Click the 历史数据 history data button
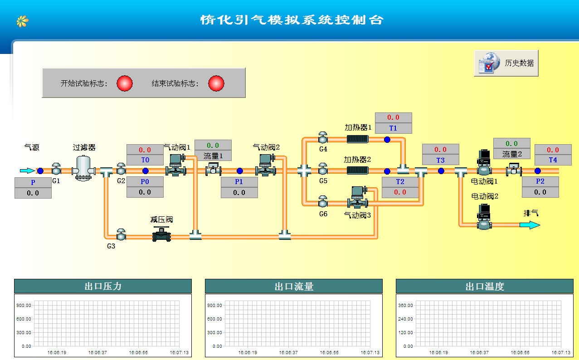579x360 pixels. [x=506, y=63]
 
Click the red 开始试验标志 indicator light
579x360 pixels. [x=125, y=83]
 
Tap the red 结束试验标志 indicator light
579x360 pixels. [x=216, y=83]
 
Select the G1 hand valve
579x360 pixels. [x=56, y=169]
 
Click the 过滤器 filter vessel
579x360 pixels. [x=83, y=168]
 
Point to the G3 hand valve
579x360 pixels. [x=121, y=234]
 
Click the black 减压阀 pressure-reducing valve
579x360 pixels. [x=161, y=234]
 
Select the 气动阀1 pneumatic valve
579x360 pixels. [x=176, y=165]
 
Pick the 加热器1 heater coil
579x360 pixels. [x=357, y=139]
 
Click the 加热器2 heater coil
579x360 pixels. [x=357, y=170]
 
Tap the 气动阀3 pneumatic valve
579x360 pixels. [x=357, y=197]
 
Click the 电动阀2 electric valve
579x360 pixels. [x=484, y=217]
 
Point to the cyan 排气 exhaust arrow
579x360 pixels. [x=530, y=225]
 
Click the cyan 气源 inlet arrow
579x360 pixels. [x=27, y=170]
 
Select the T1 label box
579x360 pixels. [x=394, y=128]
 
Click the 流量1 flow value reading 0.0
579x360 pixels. [x=213, y=145]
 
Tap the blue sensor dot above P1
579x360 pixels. [x=239, y=171]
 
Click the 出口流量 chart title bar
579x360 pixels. [x=294, y=286]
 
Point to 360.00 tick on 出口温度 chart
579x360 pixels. [x=405, y=305]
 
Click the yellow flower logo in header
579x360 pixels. [x=23, y=21]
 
